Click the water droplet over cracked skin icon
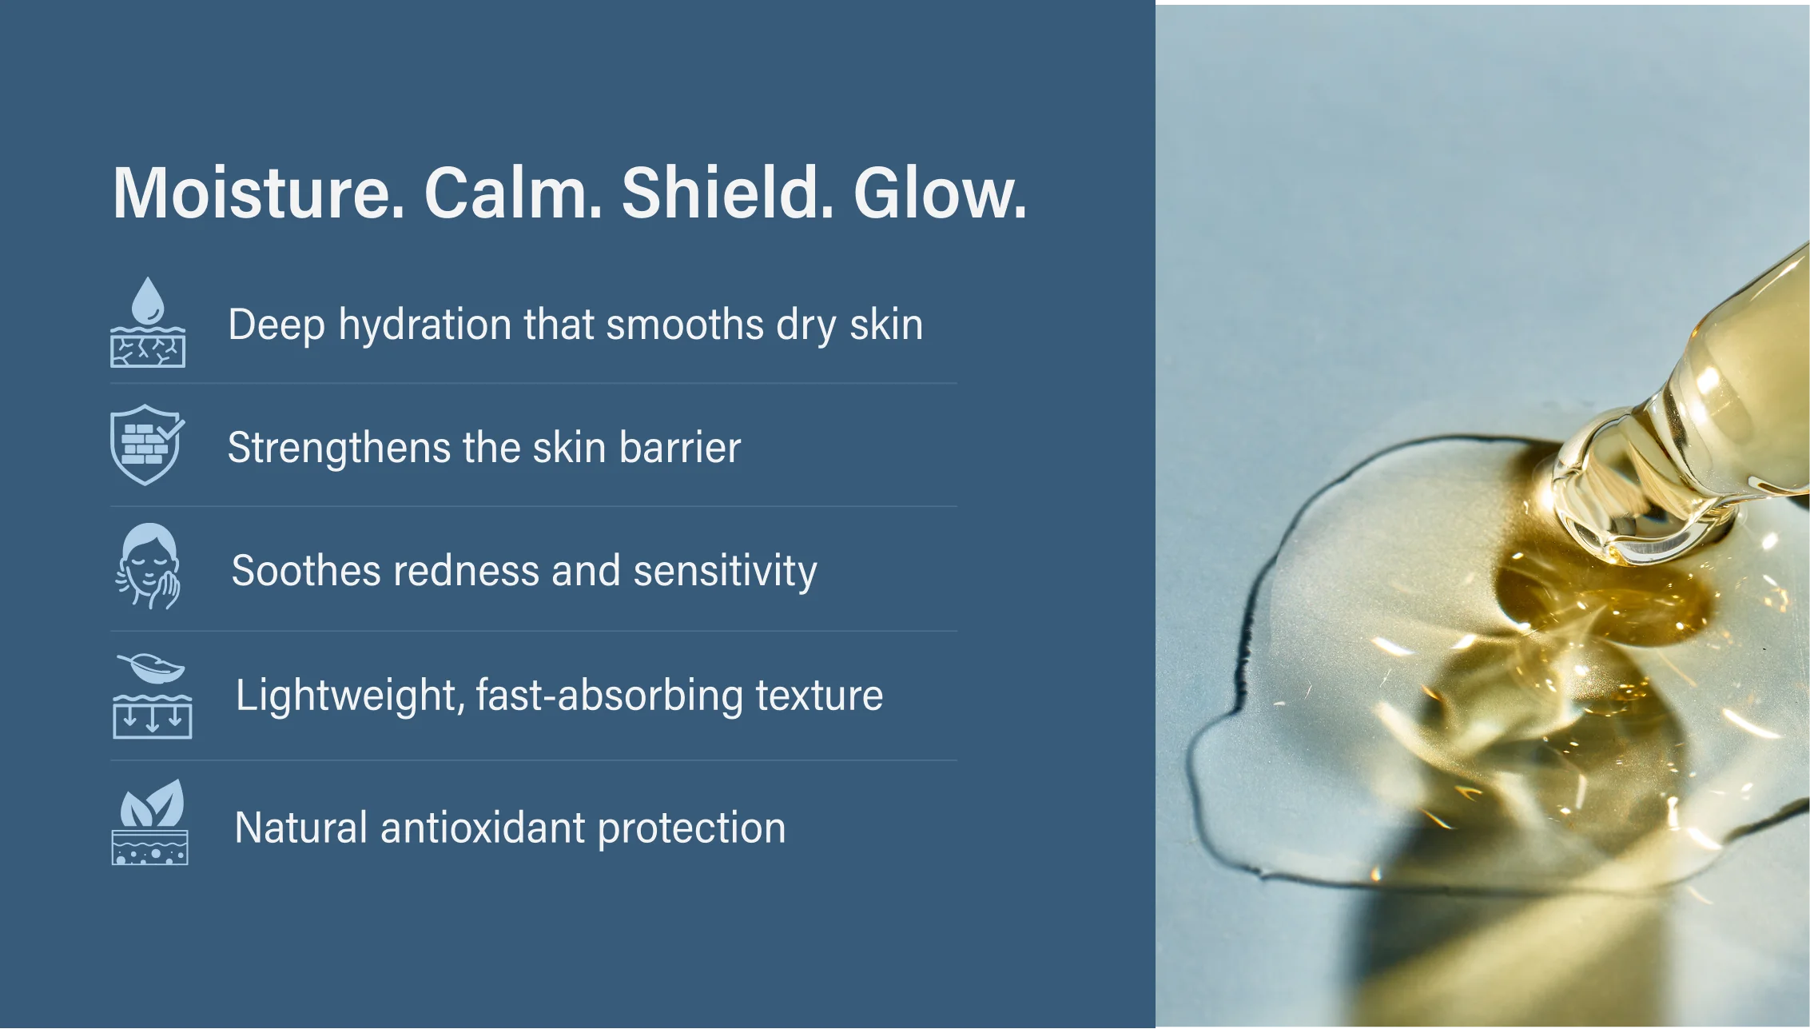pyautogui.click(x=148, y=322)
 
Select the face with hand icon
pyautogui.click(x=149, y=567)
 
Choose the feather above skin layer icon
pyautogui.click(x=152, y=696)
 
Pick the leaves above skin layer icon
pyautogui.click(x=150, y=822)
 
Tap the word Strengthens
pyautogui.click(x=339, y=448)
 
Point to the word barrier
pyautogui.click(x=680, y=448)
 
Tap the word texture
pyautogui.click(x=819, y=696)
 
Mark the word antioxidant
pyautogui.click(x=483, y=828)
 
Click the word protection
pyautogui.click(x=692, y=829)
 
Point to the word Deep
pyautogui.click(x=277, y=325)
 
